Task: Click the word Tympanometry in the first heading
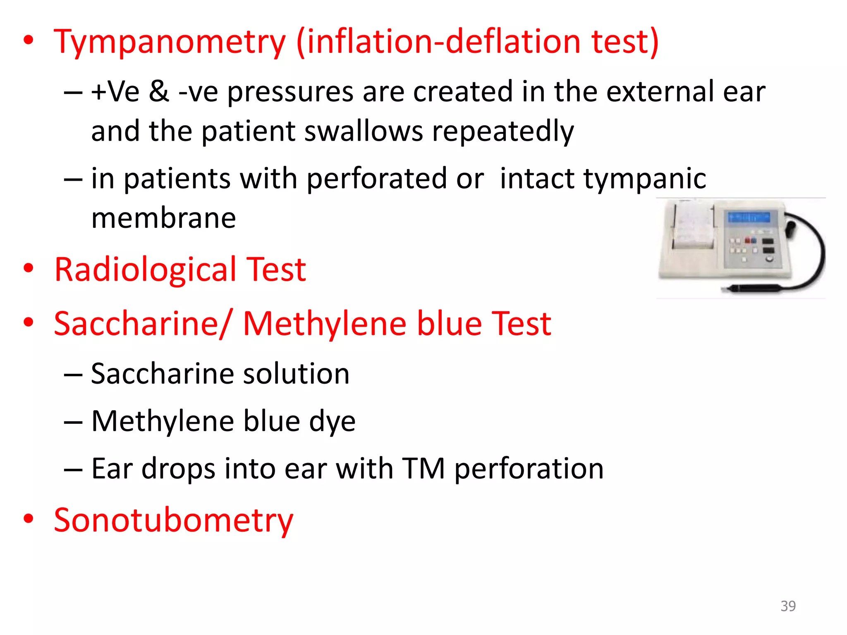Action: click(170, 42)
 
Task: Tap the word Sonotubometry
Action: click(173, 520)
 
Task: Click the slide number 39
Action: click(788, 606)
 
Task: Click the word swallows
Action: click(364, 131)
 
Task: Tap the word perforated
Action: click(376, 179)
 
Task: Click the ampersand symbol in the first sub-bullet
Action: click(159, 92)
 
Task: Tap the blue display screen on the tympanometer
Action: click(749, 217)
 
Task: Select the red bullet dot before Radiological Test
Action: click(28, 268)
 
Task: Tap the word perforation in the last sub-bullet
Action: click(529, 470)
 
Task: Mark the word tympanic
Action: click(603, 179)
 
